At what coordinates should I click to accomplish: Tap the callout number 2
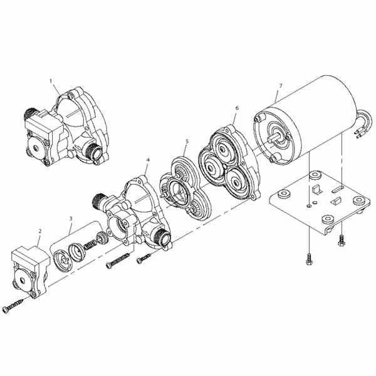click(39, 231)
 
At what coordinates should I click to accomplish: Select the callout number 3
click(70, 219)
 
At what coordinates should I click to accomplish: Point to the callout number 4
click(147, 161)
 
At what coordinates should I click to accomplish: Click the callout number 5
click(186, 142)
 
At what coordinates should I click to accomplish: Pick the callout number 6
click(236, 108)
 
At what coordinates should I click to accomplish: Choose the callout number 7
click(281, 85)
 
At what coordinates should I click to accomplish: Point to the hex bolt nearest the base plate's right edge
click(342, 239)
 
